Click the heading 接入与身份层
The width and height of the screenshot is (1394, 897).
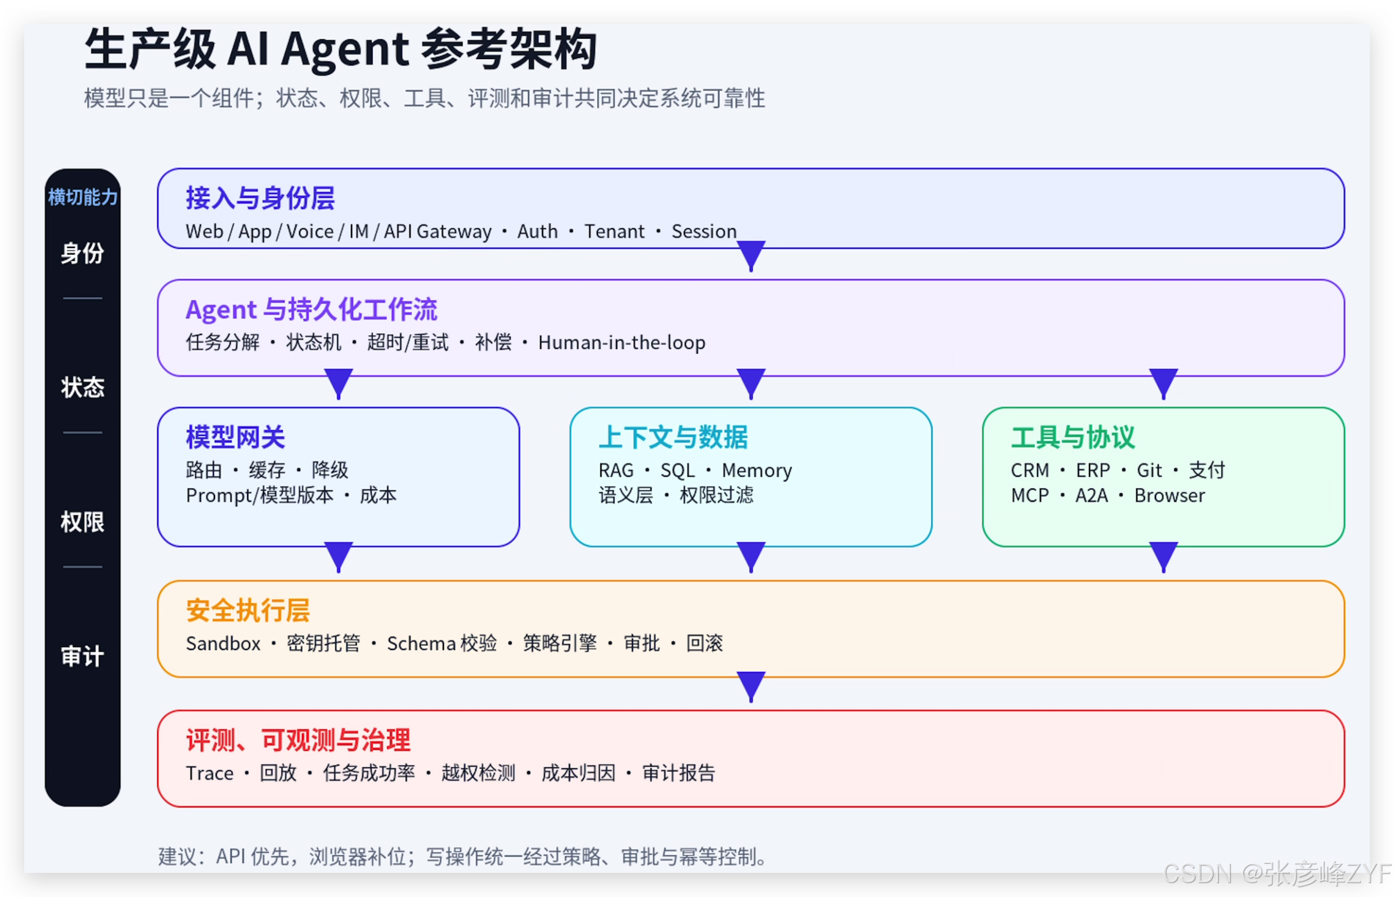point(260,198)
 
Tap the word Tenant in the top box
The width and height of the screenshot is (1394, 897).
point(614,231)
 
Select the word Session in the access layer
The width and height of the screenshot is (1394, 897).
point(704,231)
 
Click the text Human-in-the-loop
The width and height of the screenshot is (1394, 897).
point(622,342)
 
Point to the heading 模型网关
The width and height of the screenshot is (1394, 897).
point(236,438)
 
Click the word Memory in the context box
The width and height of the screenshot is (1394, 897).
point(757,470)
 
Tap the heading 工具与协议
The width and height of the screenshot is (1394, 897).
point(1073,438)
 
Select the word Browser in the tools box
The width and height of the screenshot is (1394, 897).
point(1169,496)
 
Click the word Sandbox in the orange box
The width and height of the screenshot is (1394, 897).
point(223,643)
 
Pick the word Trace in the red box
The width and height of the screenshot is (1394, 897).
point(210,773)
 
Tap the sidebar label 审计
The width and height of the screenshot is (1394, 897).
point(83,656)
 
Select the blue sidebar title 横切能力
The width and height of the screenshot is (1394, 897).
point(83,197)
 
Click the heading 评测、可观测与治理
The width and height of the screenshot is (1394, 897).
point(298,740)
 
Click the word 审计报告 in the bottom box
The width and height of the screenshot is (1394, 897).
point(679,773)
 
